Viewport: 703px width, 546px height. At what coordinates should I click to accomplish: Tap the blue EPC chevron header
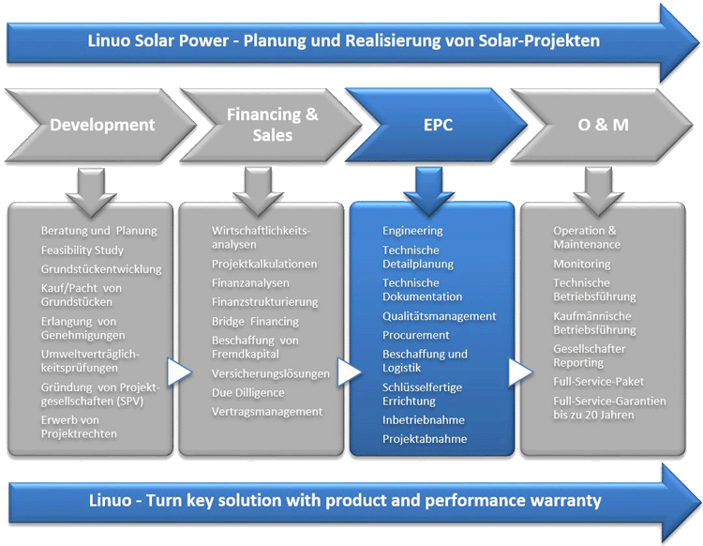pos(437,125)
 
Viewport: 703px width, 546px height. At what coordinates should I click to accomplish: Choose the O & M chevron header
pos(603,125)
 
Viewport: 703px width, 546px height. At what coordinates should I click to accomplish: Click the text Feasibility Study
pos(82,250)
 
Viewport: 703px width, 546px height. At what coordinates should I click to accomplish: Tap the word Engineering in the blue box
pos(412,231)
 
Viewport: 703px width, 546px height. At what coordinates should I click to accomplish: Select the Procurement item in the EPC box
pos(415,335)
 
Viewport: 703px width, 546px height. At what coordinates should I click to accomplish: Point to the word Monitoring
pos(581,265)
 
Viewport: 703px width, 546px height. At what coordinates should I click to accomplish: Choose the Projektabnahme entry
pos(424,439)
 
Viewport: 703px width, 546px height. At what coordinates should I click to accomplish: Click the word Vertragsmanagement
pos(267,412)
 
